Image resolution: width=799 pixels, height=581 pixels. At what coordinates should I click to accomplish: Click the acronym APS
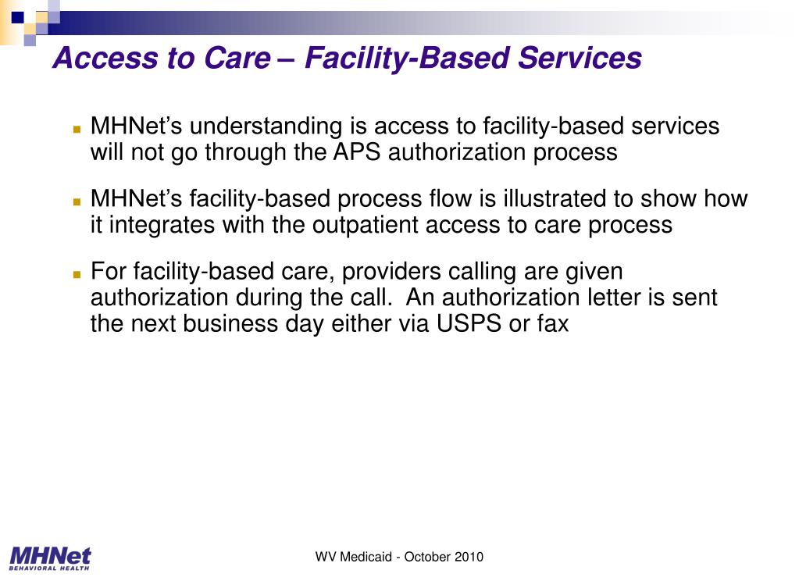358,151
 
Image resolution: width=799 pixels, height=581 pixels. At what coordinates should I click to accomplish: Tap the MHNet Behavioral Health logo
51,559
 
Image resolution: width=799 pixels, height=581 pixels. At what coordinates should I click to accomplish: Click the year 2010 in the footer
468,557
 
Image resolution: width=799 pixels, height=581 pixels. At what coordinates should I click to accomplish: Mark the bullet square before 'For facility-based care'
77,275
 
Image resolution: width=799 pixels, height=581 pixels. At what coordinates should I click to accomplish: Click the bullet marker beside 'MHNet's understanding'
77,129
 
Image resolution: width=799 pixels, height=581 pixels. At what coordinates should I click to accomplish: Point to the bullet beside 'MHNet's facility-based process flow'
77,201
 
